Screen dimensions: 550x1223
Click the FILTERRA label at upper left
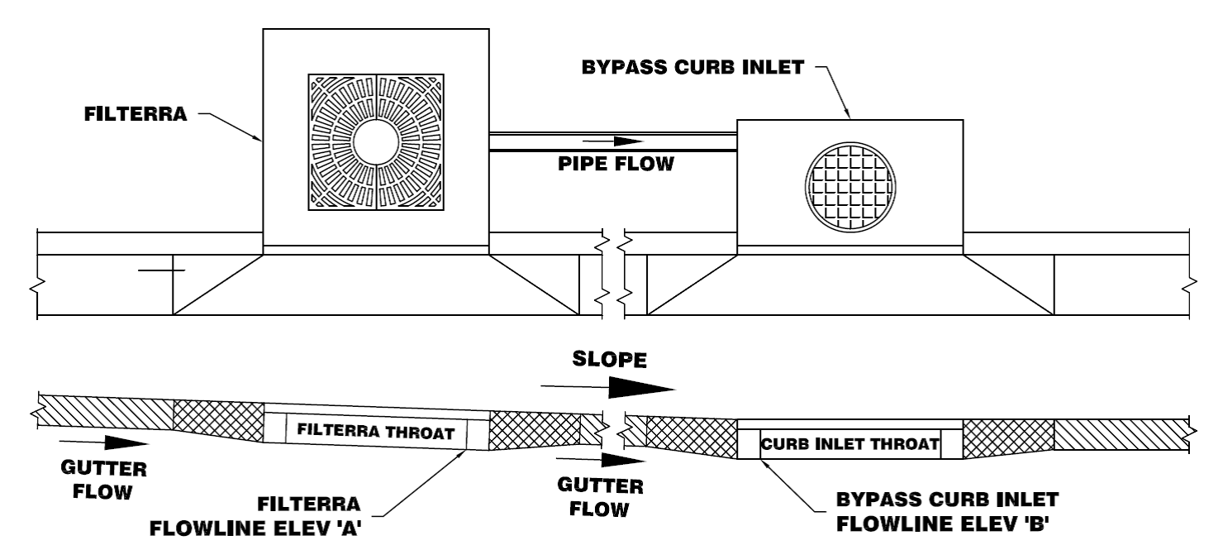point(136,115)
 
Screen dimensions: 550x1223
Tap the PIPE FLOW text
point(615,164)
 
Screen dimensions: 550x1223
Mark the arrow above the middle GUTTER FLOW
point(611,457)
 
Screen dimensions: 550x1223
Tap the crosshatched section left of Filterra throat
point(218,419)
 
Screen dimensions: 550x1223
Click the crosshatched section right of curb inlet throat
point(1008,436)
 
